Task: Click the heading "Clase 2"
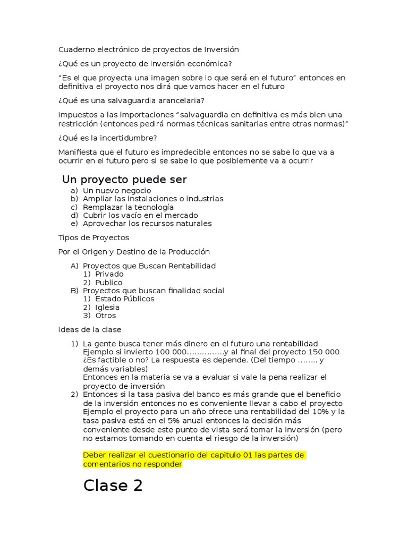(113, 486)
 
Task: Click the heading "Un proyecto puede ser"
(124, 179)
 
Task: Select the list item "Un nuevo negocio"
(117, 190)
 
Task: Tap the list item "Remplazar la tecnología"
(128, 207)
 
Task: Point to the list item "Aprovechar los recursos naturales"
(147, 224)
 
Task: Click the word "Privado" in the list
(109, 274)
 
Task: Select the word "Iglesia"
(107, 307)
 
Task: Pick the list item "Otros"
(105, 316)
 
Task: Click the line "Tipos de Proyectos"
(93, 237)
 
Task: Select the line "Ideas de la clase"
(89, 329)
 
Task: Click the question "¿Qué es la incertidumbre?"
(107, 138)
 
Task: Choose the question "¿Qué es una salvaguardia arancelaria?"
(131, 100)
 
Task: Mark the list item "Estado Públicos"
(124, 299)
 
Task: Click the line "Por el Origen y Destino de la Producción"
(133, 251)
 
